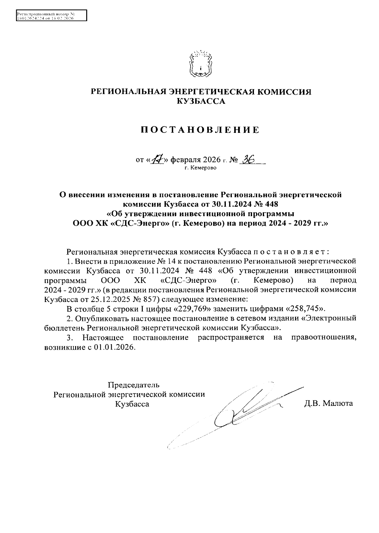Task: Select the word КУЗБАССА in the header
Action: pyautogui.click(x=201, y=101)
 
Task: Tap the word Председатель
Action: pyautogui.click(x=134, y=385)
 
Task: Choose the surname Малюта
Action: pyautogui.click(x=338, y=404)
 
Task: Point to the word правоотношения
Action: pyautogui.click(x=324, y=338)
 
